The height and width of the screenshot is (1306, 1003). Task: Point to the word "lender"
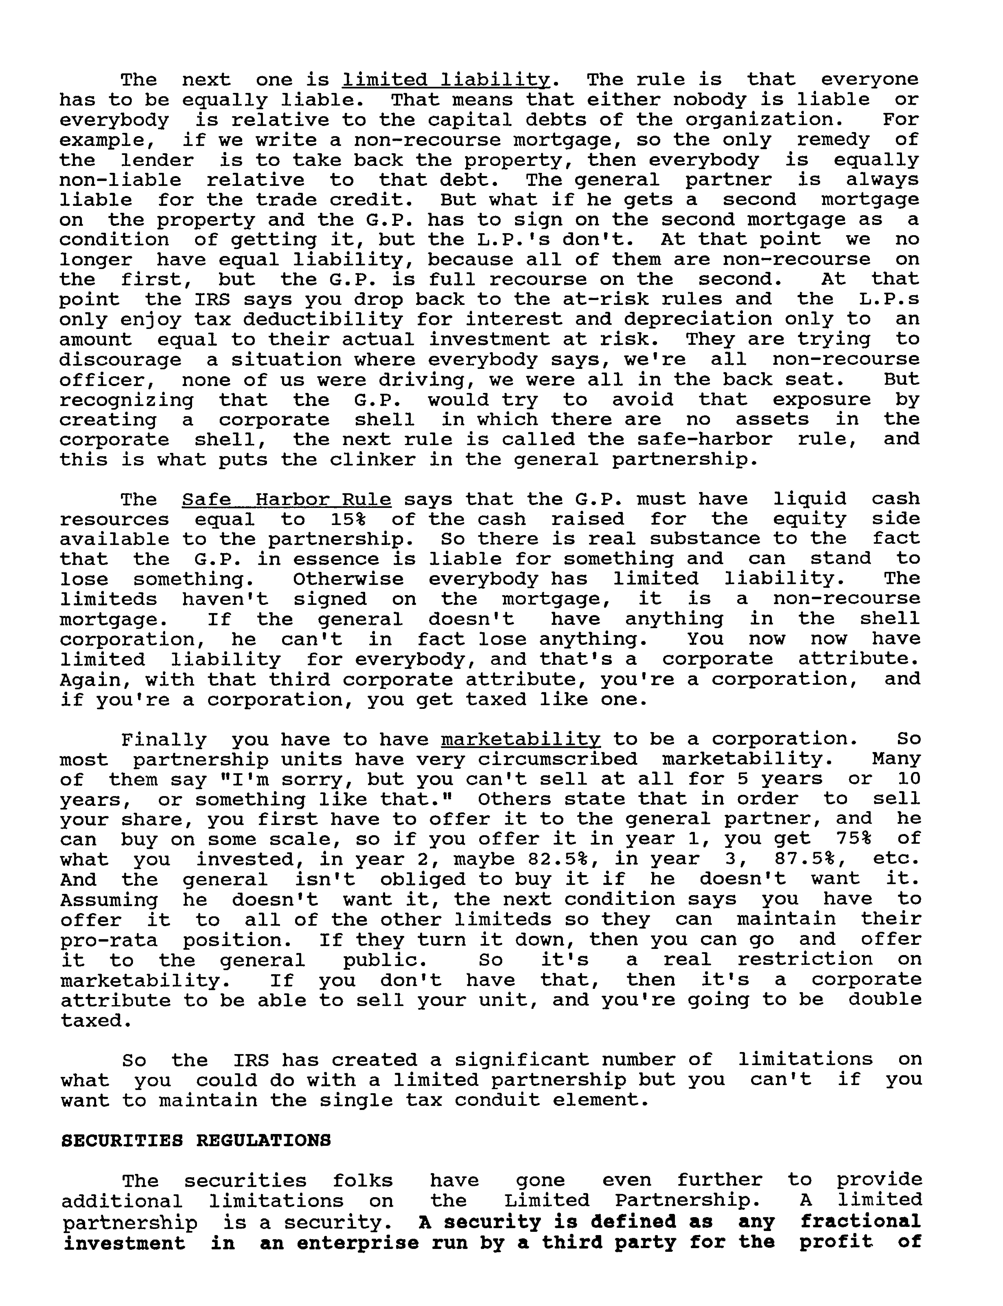(158, 160)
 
